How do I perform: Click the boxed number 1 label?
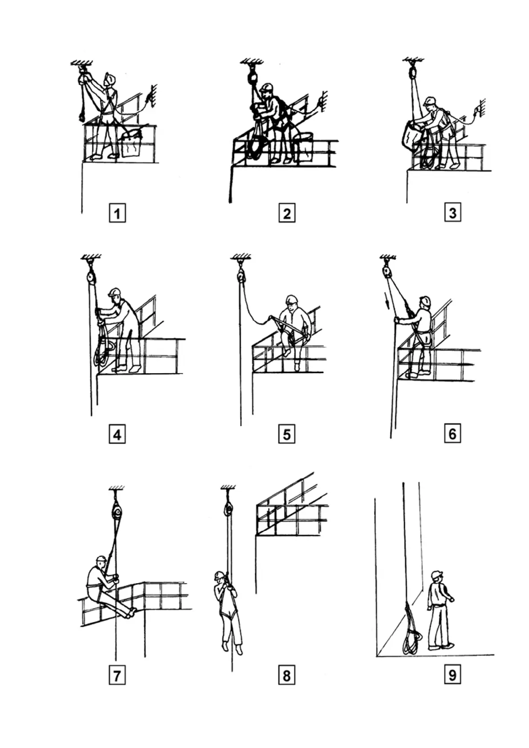[117, 213]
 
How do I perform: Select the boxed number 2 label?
[287, 213]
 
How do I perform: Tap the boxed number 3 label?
[453, 212]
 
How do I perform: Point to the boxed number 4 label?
[117, 434]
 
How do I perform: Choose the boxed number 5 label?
[287, 434]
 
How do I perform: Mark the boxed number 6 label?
[453, 434]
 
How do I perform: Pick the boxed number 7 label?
[117, 676]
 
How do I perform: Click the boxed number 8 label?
[287, 676]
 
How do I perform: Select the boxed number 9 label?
[453, 675]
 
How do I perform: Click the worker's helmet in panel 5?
[291, 299]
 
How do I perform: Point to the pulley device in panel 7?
[116, 512]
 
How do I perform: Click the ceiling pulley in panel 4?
[91, 277]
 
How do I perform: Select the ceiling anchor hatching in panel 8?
[228, 488]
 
